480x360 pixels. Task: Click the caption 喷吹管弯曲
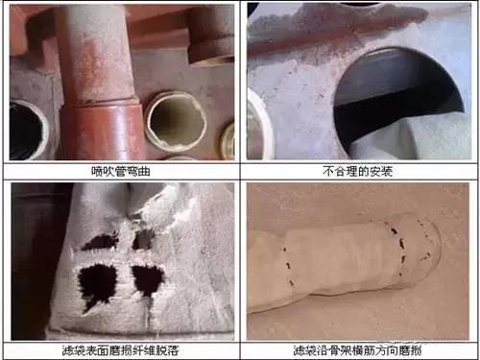click(x=119, y=171)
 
